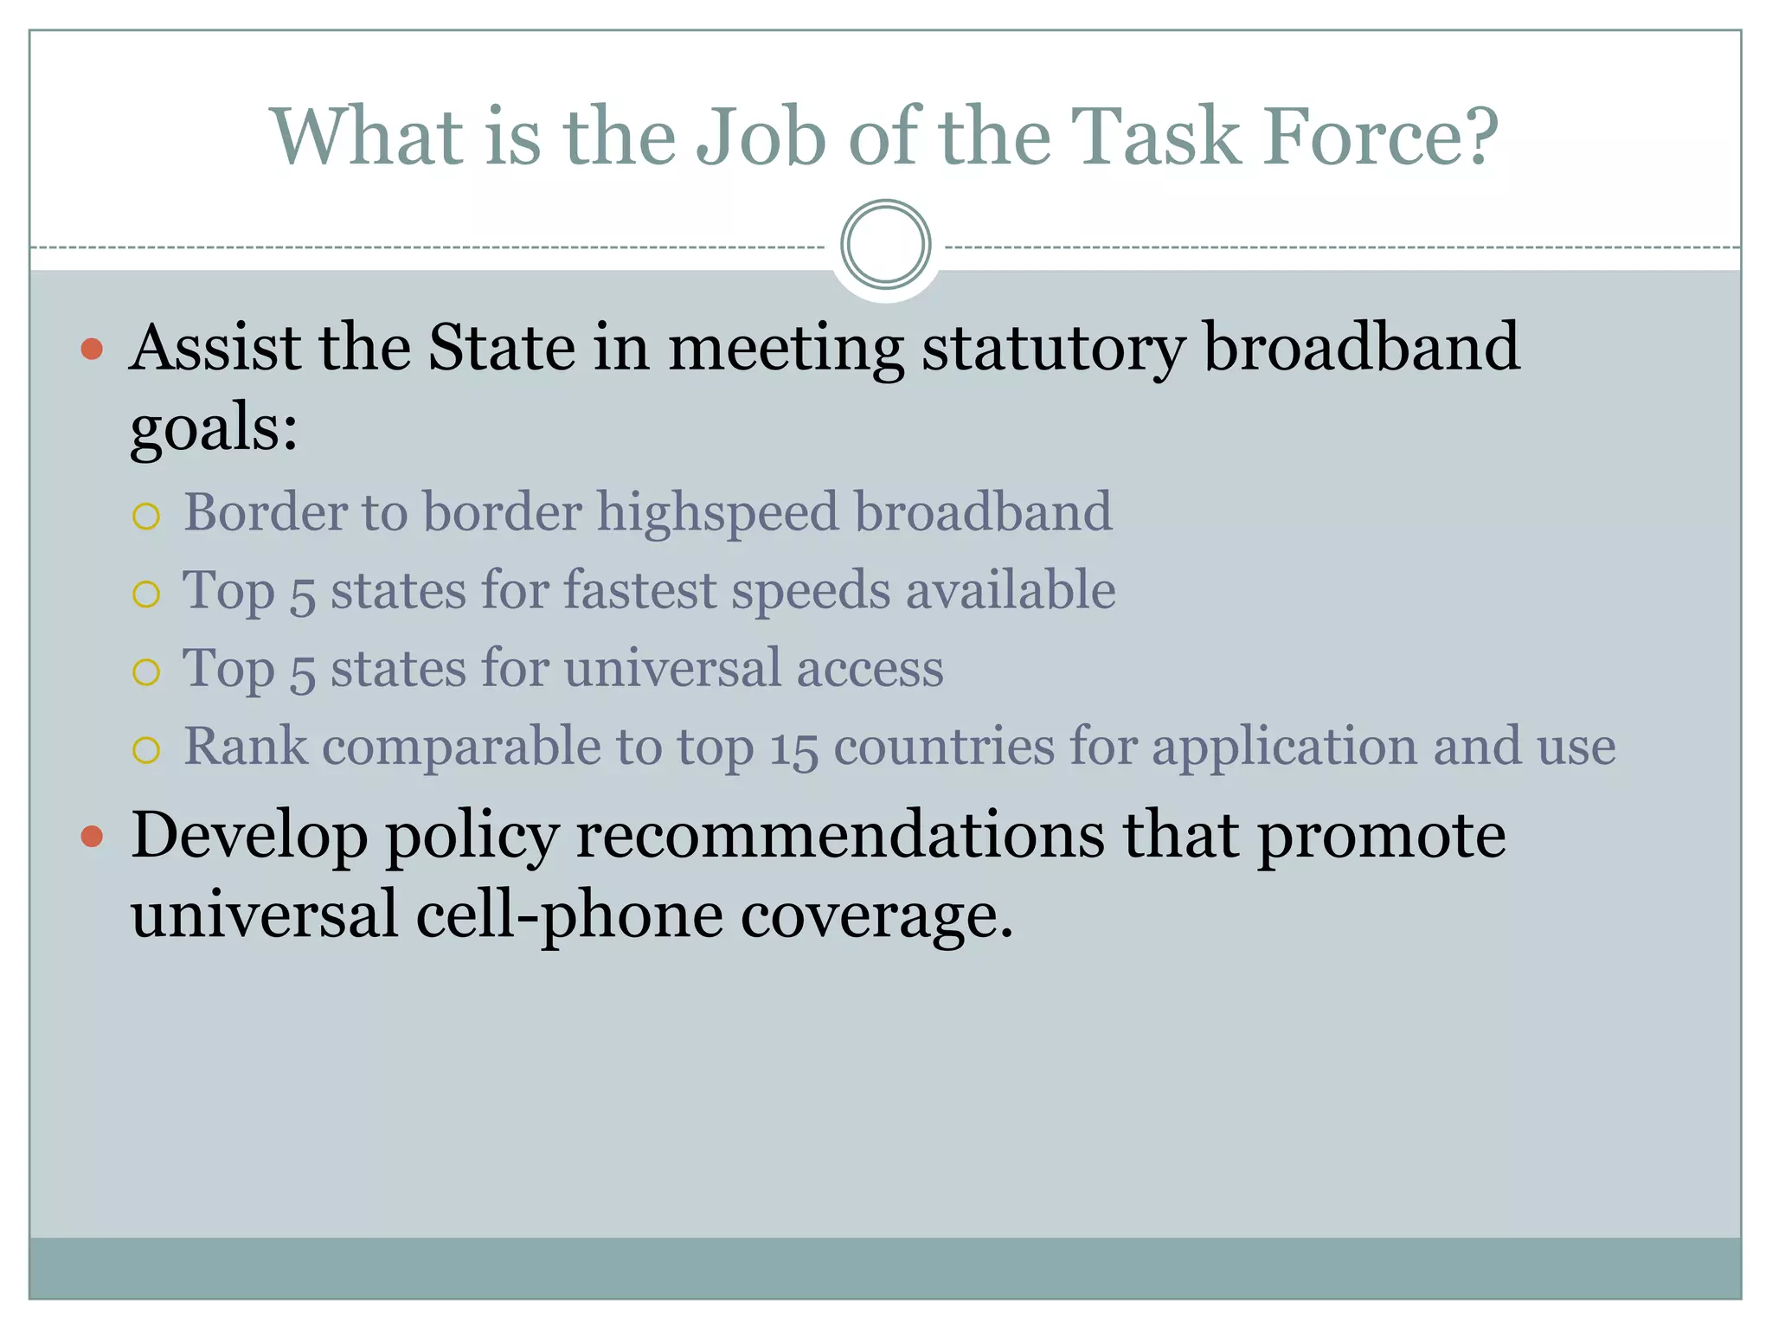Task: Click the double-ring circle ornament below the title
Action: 885,244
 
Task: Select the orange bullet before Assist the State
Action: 92,350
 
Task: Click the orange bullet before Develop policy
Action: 92,837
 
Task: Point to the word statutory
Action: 1052,350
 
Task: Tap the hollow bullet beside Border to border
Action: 146,517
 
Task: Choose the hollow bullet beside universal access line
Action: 146,672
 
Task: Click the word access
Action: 870,670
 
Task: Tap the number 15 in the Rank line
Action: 793,749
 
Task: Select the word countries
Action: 944,747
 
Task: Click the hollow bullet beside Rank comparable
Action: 146,750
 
